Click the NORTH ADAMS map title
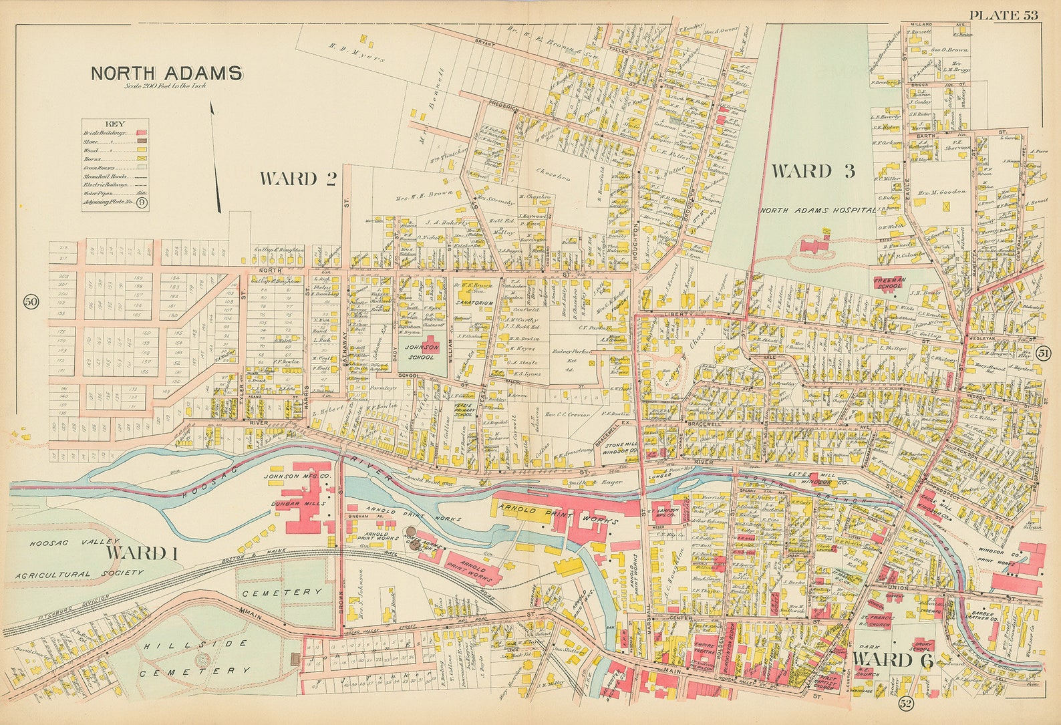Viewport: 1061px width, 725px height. pyautogui.click(x=166, y=73)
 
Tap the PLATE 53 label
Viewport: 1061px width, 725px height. pyautogui.click(x=1004, y=16)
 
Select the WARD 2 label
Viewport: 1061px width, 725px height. pyautogui.click(x=297, y=178)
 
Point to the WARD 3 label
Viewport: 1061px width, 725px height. pyautogui.click(x=812, y=171)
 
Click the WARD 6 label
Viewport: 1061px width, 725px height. pyautogui.click(x=892, y=660)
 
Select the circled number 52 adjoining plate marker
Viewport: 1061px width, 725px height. pyautogui.click(x=905, y=703)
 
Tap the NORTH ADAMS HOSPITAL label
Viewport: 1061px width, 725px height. pyautogui.click(x=816, y=210)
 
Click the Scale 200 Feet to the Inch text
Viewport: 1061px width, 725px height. pyautogui.click(x=166, y=86)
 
